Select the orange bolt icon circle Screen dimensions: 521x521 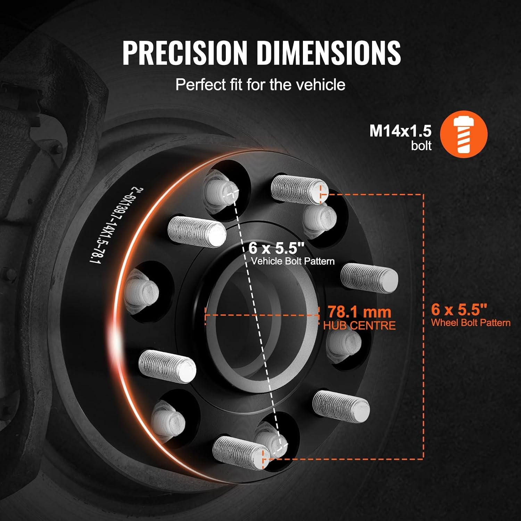pyautogui.click(x=464, y=134)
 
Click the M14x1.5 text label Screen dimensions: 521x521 pyautogui.click(x=400, y=131)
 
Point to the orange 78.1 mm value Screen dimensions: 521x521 pyautogui.click(x=359, y=312)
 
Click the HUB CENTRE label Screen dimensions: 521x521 pyautogui.click(x=359, y=325)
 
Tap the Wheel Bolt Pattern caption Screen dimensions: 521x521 pyautogui.click(x=471, y=322)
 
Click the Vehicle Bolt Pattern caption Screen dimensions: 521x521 pyautogui.click(x=293, y=261)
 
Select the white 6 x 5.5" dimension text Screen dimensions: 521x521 pyautogui.click(x=276, y=248)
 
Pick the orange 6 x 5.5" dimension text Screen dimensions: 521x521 pyautogui.click(x=459, y=309)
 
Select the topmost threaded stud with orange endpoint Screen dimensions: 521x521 pyautogui.click(x=299, y=189)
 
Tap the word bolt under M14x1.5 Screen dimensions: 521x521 pyautogui.click(x=421, y=146)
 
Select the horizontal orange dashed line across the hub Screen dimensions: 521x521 pyautogui.click(x=262, y=315)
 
